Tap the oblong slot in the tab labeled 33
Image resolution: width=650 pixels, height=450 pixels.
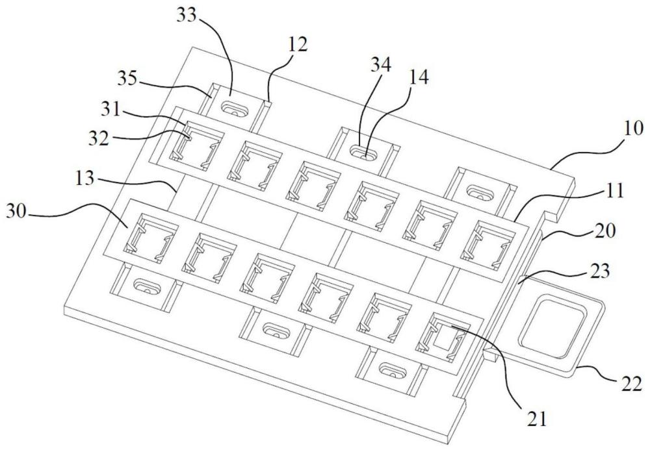coord(234,107)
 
